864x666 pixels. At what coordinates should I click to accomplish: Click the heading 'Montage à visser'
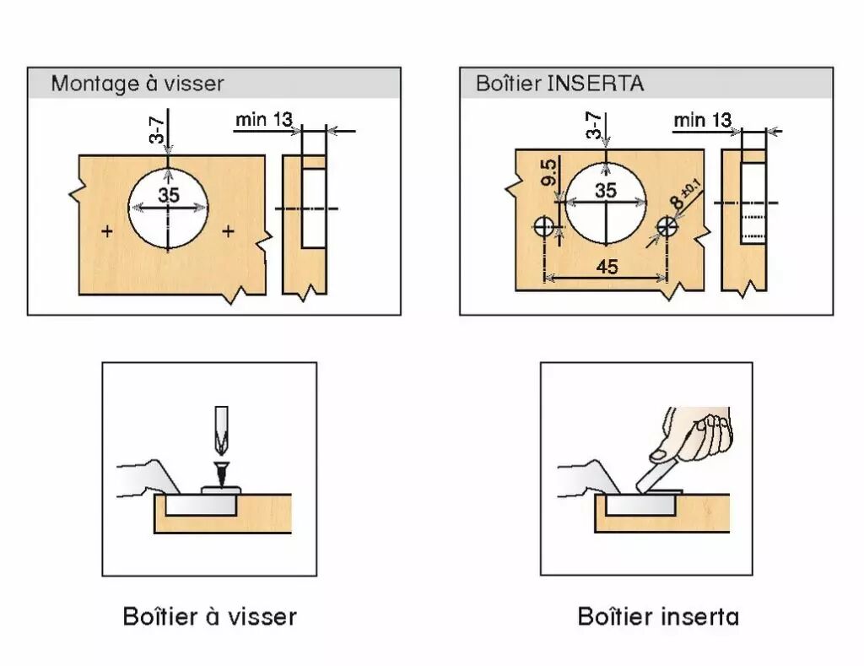click(x=138, y=84)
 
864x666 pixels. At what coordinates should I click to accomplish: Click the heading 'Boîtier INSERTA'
click(x=559, y=84)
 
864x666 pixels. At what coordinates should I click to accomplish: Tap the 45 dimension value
click(x=607, y=268)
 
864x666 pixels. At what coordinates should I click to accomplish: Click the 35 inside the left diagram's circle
click(x=169, y=196)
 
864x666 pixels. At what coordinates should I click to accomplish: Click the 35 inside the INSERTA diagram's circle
click(x=606, y=191)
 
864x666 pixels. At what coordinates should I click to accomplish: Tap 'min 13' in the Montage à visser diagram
click(x=263, y=120)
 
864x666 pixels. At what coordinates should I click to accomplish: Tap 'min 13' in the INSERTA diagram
click(x=702, y=120)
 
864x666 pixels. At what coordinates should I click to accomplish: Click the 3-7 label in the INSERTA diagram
click(x=593, y=127)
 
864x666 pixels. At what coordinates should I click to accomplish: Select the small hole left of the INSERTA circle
click(x=545, y=225)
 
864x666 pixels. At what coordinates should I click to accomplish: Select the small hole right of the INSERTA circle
click(x=667, y=225)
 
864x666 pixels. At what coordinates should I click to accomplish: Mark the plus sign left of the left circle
click(x=107, y=230)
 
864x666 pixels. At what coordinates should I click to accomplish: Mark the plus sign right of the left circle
click(x=228, y=230)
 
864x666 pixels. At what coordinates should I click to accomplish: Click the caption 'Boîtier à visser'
click(x=210, y=616)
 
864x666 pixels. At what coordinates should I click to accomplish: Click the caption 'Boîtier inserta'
click(x=658, y=616)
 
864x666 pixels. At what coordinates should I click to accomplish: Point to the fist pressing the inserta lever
click(x=698, y=431)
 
